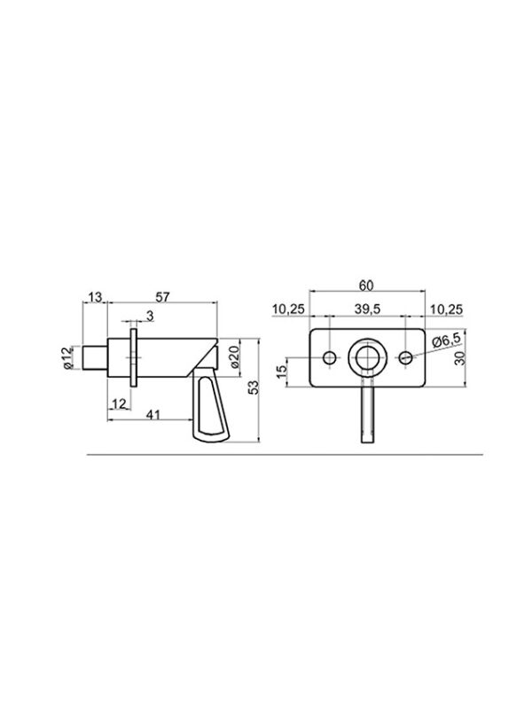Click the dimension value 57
pyautogui.click(x=162, y=297)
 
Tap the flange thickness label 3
pyautogui.click(x=150, y=316)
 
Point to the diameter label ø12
pyautogui.click(x=68, y=358)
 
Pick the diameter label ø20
pyautogui.click(x=234, y=357)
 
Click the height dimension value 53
pyautogui.click(x=254, y=387)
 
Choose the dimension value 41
pyautogui.click(x=153, y=415)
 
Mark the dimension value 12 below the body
pyautogui.click(x=119, y=403)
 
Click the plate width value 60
pyautogui.click(x=366, y=286)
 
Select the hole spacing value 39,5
pyautogui.click(x=368, y=309)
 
